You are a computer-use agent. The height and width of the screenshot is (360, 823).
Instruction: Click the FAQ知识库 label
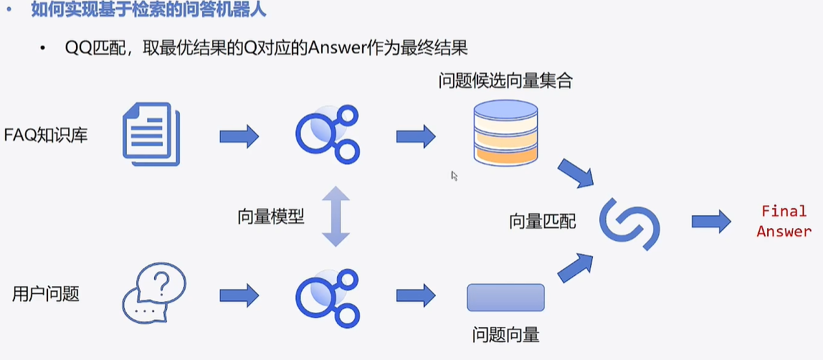46,134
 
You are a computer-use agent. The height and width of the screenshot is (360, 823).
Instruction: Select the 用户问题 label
46,293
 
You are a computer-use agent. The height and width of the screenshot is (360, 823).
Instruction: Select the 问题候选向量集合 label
505,80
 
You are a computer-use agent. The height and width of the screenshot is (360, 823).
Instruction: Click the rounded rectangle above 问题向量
505,297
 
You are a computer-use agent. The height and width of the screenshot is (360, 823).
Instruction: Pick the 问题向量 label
505,334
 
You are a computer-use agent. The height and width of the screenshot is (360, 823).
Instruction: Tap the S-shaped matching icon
629,223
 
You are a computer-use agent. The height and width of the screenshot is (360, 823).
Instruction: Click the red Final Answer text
784,222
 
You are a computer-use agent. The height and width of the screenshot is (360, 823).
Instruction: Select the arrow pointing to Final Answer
710,222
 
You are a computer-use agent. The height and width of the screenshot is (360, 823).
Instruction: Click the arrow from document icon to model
239,136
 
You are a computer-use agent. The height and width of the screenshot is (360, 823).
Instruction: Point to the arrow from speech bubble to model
239,294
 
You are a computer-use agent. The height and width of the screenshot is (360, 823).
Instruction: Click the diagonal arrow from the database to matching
576,171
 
